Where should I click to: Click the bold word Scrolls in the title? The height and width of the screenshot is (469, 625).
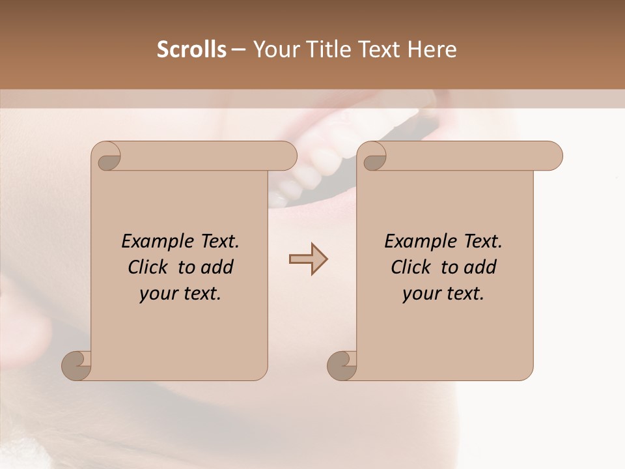pyautogui.click(x=192, y=50)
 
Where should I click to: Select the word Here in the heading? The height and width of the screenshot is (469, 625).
pyautogui.click(x=432, y=50)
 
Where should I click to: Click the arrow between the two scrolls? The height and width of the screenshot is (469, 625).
pyautogui.click(x=308, y=259)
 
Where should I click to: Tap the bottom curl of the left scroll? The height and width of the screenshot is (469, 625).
pyautogui.click(x=76, y=366)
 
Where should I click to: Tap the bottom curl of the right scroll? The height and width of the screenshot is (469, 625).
pyautogui.click(x=342, y=366)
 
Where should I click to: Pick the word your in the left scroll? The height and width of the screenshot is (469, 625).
pyautogui.click(x=158, y=294)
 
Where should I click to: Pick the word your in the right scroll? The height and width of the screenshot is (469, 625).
pyautogui.click(x=421, y=294)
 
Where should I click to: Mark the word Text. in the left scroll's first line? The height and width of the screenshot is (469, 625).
pyautogui.click(x=217, y=242)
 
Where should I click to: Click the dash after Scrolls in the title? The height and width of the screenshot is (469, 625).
pyautogui.click(x=238, y=50)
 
